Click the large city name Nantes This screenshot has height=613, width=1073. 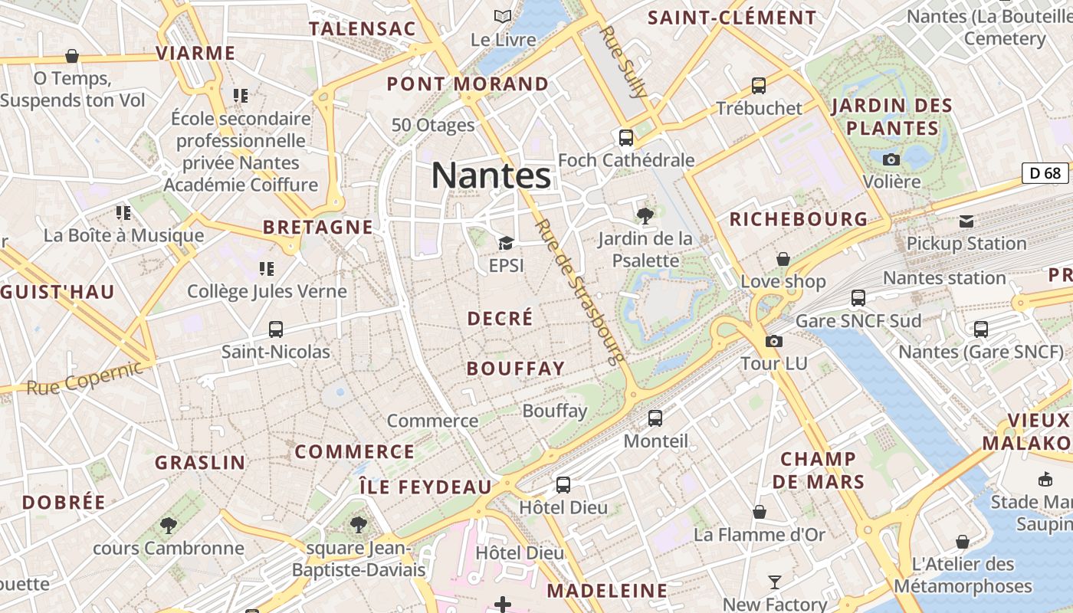(491, 175)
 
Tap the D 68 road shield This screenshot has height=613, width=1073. (1045, 173)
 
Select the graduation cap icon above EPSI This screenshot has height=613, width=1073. (506, 244)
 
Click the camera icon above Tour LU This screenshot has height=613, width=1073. (774, 341)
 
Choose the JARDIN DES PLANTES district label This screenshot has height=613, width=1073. (892, 116)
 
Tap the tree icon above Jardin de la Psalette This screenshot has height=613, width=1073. (645, 216)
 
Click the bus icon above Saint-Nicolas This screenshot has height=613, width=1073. (276, 329)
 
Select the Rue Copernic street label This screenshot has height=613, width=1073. (84, 379)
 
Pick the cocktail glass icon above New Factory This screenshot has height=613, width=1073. (775, 582)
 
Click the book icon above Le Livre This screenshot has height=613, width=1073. (503, 16)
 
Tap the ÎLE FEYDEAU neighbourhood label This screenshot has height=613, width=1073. (425, 487)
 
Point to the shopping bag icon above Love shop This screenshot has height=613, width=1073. (783, 260)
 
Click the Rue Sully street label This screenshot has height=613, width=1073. (625, 61)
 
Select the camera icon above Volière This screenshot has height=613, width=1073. (891, 159)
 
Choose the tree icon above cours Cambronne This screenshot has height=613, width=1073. (169, 526)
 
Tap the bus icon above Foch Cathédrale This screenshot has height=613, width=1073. (626, 138)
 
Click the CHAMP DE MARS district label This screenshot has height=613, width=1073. (818, 470)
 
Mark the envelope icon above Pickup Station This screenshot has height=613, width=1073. (966, 221)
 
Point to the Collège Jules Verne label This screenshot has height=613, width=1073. (267, 291)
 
